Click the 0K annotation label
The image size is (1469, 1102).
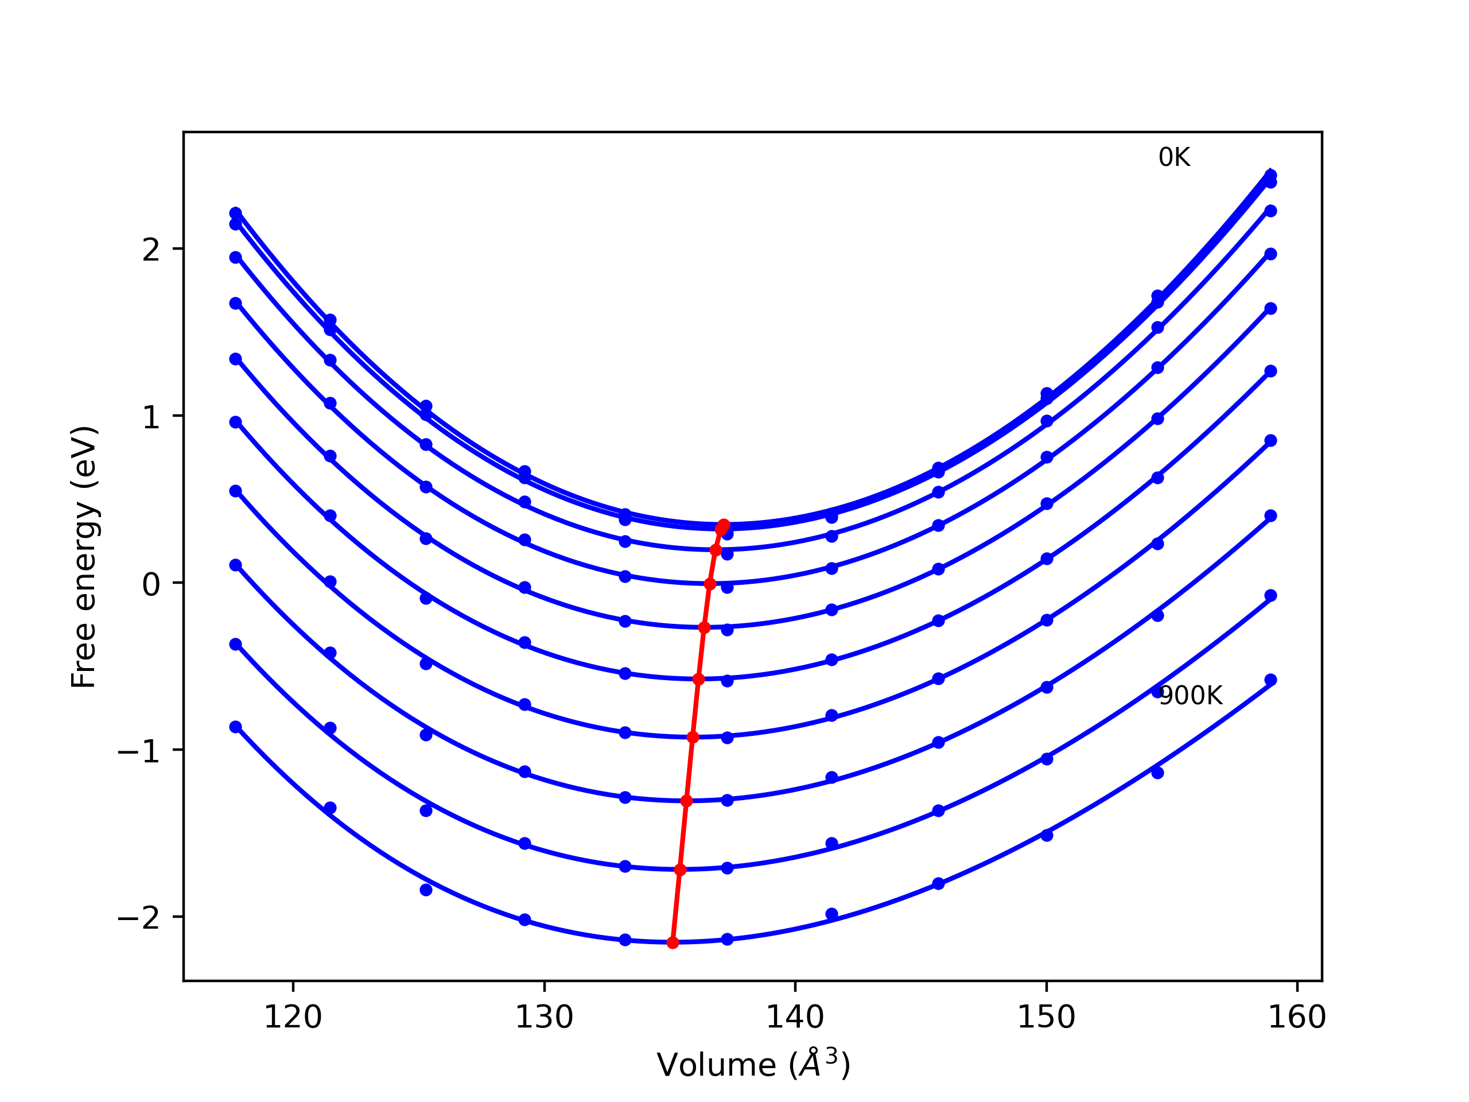point(1173,157)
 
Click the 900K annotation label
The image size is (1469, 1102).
point(1190,696)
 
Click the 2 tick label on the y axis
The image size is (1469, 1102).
point(151,250)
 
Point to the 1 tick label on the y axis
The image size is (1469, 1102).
point(151,417)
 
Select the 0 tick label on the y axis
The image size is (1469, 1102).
point(151,584)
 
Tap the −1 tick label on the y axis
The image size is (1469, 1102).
point(139,751)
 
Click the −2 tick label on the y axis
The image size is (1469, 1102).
point(139,918)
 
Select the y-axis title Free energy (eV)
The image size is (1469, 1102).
point(84,557)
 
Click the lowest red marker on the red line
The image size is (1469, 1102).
point(673,942)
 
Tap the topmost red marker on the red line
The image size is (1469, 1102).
point(724,525)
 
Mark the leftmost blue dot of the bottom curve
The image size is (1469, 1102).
point(236,727)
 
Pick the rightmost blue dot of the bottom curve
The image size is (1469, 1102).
point(1270,680)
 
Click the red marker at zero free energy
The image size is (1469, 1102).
point(710,584)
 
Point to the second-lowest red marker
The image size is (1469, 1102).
point(680,870)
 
